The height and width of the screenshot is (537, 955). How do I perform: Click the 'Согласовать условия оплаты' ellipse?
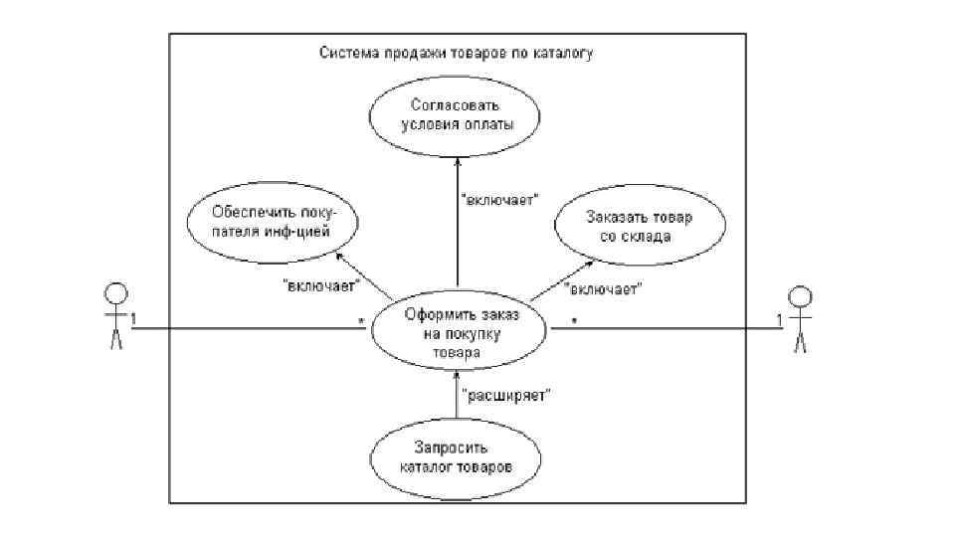457,114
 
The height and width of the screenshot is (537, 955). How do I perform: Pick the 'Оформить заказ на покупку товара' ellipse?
462,332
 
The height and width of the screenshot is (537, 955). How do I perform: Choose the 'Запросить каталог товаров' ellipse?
457,455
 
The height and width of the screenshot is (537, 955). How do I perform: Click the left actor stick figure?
116,315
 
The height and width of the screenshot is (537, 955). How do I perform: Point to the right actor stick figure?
799,317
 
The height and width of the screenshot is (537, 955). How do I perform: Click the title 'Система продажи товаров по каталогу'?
456,54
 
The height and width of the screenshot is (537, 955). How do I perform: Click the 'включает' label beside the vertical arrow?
500,199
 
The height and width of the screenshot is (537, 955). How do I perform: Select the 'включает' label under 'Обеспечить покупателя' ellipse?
321,286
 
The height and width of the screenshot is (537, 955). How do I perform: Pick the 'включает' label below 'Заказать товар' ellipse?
602,289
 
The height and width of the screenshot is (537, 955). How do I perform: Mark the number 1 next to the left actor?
133,318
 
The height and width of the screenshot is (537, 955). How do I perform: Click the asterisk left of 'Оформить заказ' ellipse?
363,321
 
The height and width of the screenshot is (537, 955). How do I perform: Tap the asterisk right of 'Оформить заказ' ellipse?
574,321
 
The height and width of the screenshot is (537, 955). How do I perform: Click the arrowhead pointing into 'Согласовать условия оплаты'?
457,162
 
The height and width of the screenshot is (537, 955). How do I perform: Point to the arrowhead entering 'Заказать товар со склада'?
590,264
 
